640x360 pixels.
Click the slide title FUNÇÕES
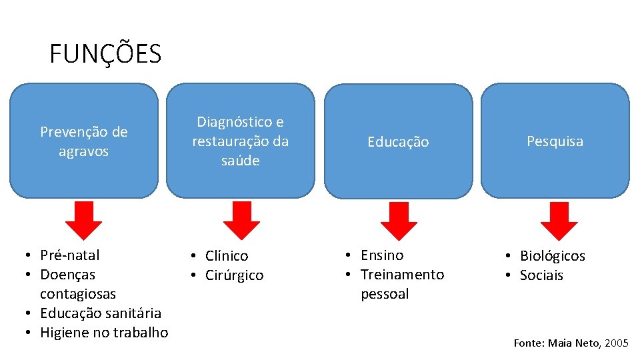click(x=105, y=54)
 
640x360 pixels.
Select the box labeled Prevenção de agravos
click(x=84, y=141)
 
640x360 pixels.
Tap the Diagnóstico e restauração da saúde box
click(x=240, y=141)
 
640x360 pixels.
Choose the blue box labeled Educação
click(x=398, y=141)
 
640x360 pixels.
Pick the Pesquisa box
click(x=555, y=141)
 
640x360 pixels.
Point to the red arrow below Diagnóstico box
click(x=241, y=221)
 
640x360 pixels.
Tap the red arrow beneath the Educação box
click(x=398, y=221)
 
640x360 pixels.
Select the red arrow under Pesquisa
click(x=559, y=221)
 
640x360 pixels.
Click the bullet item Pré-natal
click(x=70, y=255)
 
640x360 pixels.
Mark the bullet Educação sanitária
click(x=101, y=313)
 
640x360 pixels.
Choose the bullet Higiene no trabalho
click(x=104, y=333)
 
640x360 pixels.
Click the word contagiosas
click(x=78, y=294)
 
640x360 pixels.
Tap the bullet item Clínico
click(x=227, y=256)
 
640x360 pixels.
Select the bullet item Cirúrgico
click(x=234, y=275)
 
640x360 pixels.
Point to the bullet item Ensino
click(x=382, y=255)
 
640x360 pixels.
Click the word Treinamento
click(x=402, y=275)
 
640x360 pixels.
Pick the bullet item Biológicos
click(x=552, y=256)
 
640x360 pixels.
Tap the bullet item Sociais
click(x=541, y=275)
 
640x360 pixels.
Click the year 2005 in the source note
click(x=617, y=343)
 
